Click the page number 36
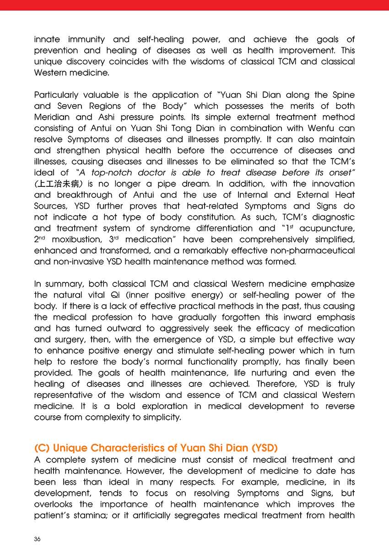(38, 539)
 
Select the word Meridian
(53, 117)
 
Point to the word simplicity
(162, 417)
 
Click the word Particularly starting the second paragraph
(57, 95)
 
